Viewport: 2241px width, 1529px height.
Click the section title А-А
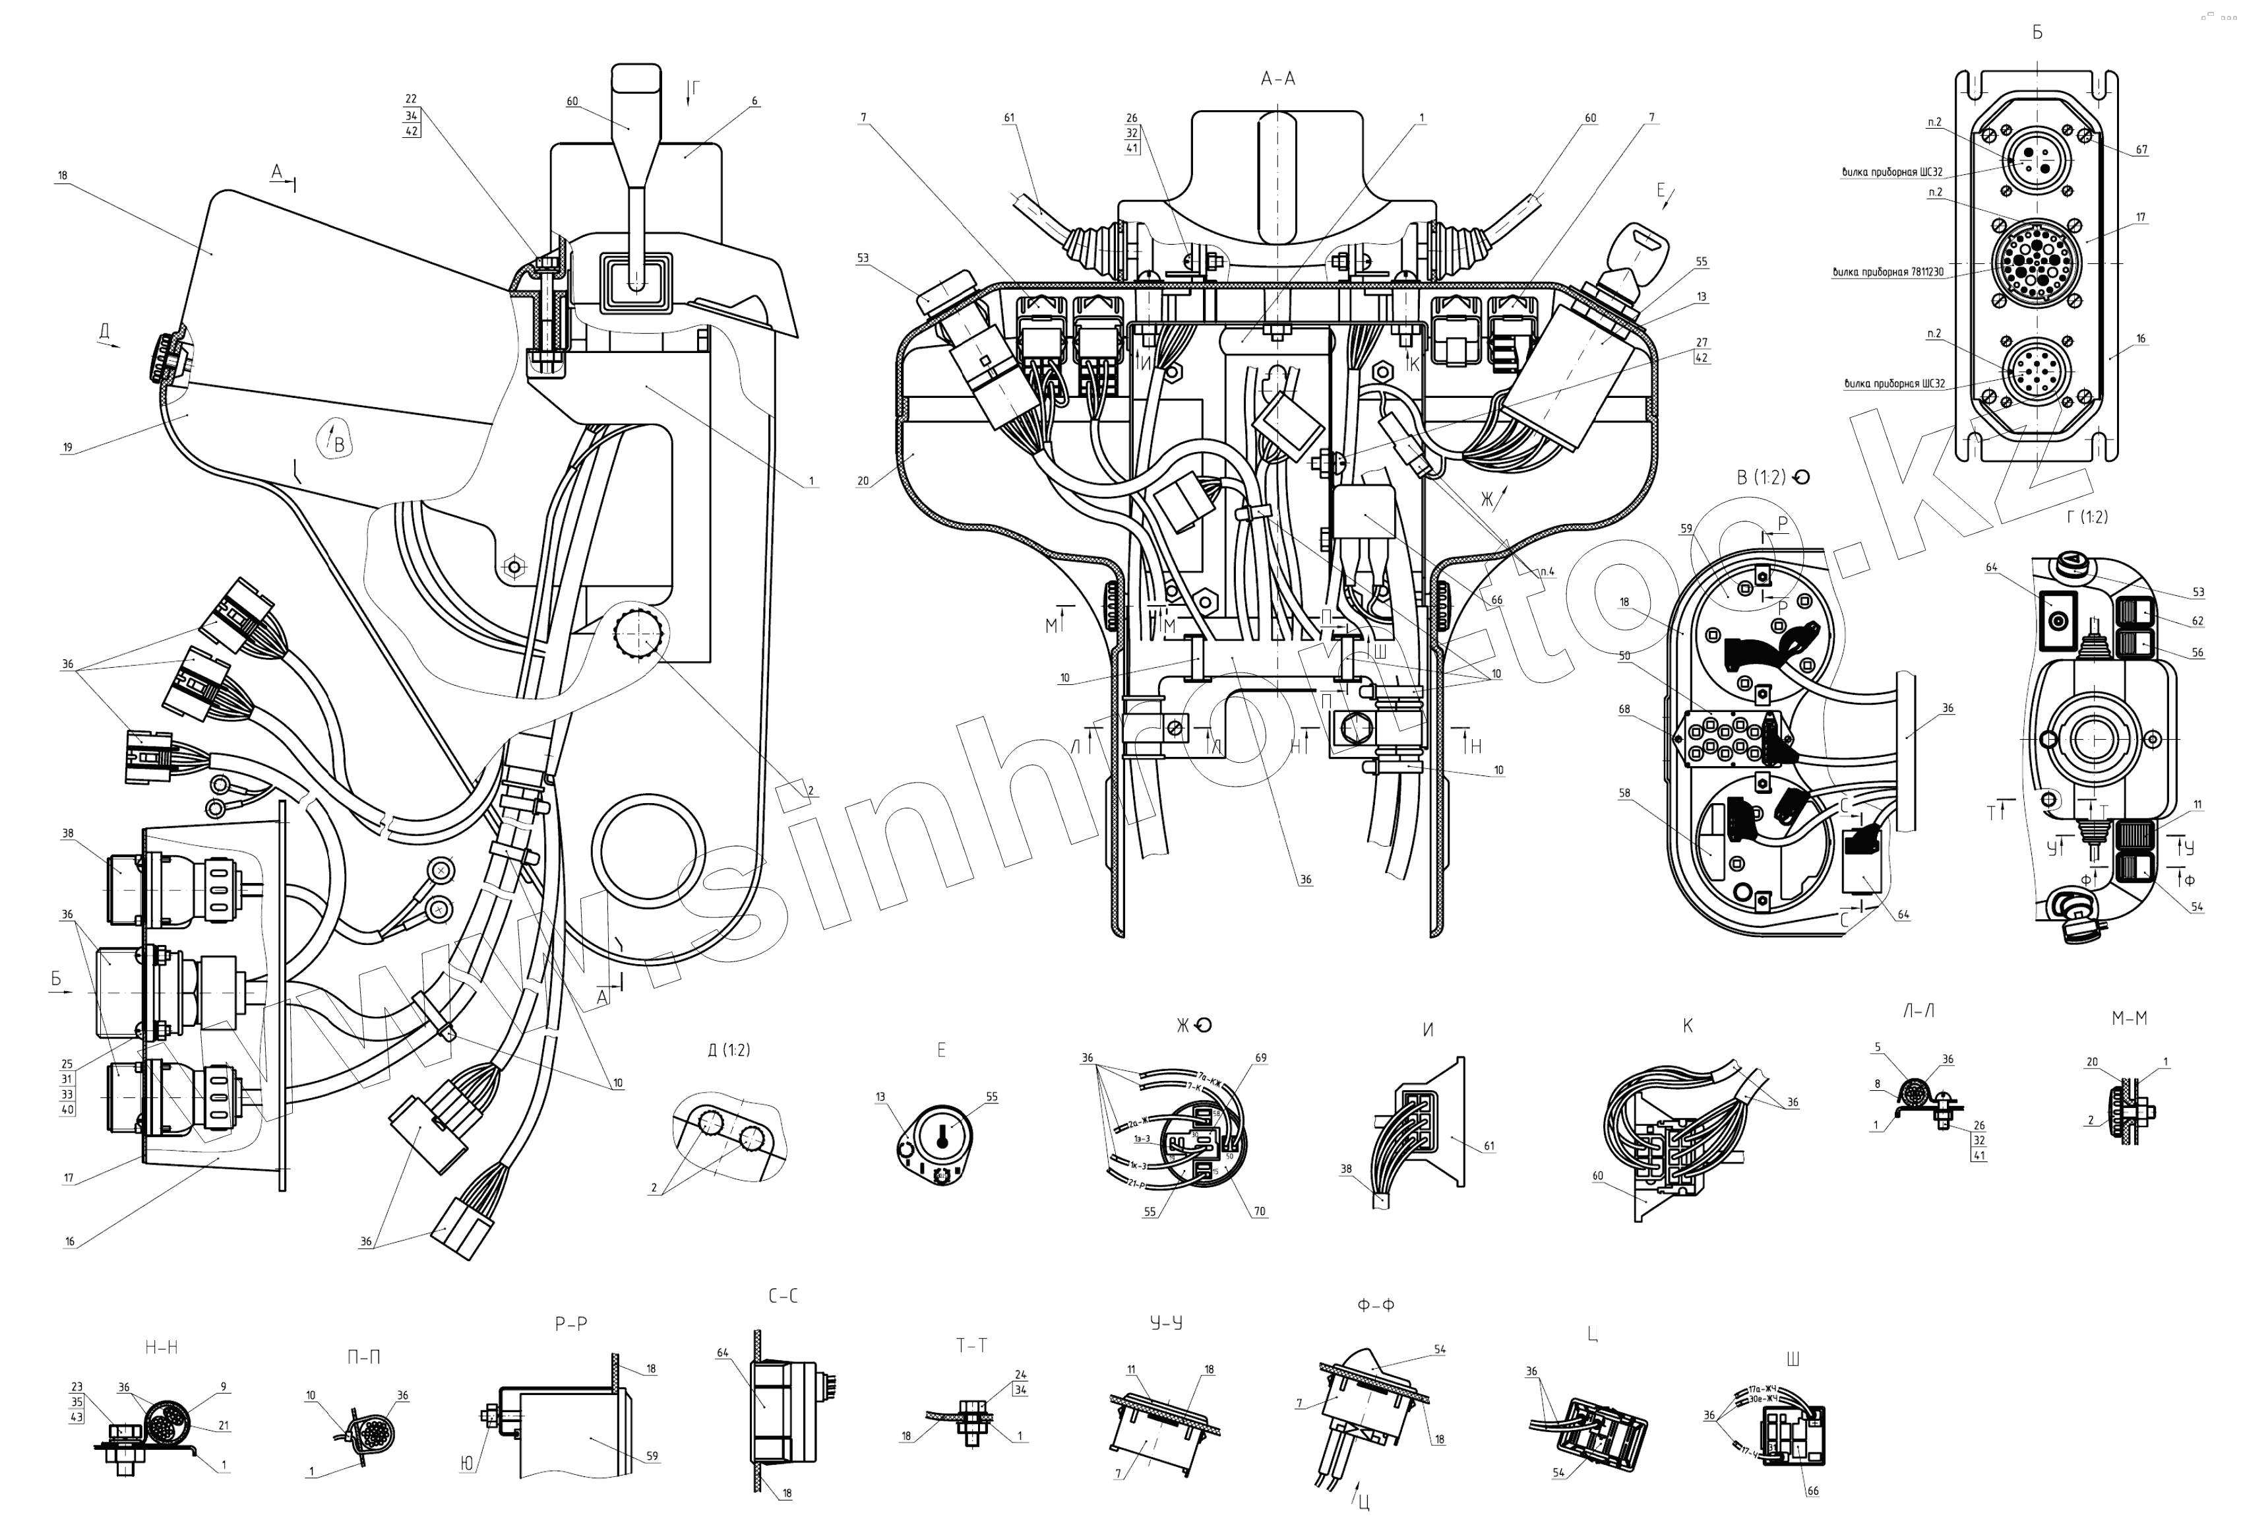(x=1277, y=79)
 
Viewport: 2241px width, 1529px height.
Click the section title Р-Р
(x=571, y=1324)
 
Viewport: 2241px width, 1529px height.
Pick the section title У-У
(x=1166, y=1322)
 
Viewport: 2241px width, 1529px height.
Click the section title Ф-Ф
(x=1375, y=1305)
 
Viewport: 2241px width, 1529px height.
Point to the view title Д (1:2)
(x=729, y=1049)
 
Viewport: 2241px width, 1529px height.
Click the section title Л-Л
(x=1918, y=1011)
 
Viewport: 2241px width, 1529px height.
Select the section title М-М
(x=2129, y=1018)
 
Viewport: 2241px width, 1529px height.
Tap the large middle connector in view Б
(x=2036, y=261)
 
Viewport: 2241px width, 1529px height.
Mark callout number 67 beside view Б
(x=2141, y=150)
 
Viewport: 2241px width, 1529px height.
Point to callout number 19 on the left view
(x=67, y=447)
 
